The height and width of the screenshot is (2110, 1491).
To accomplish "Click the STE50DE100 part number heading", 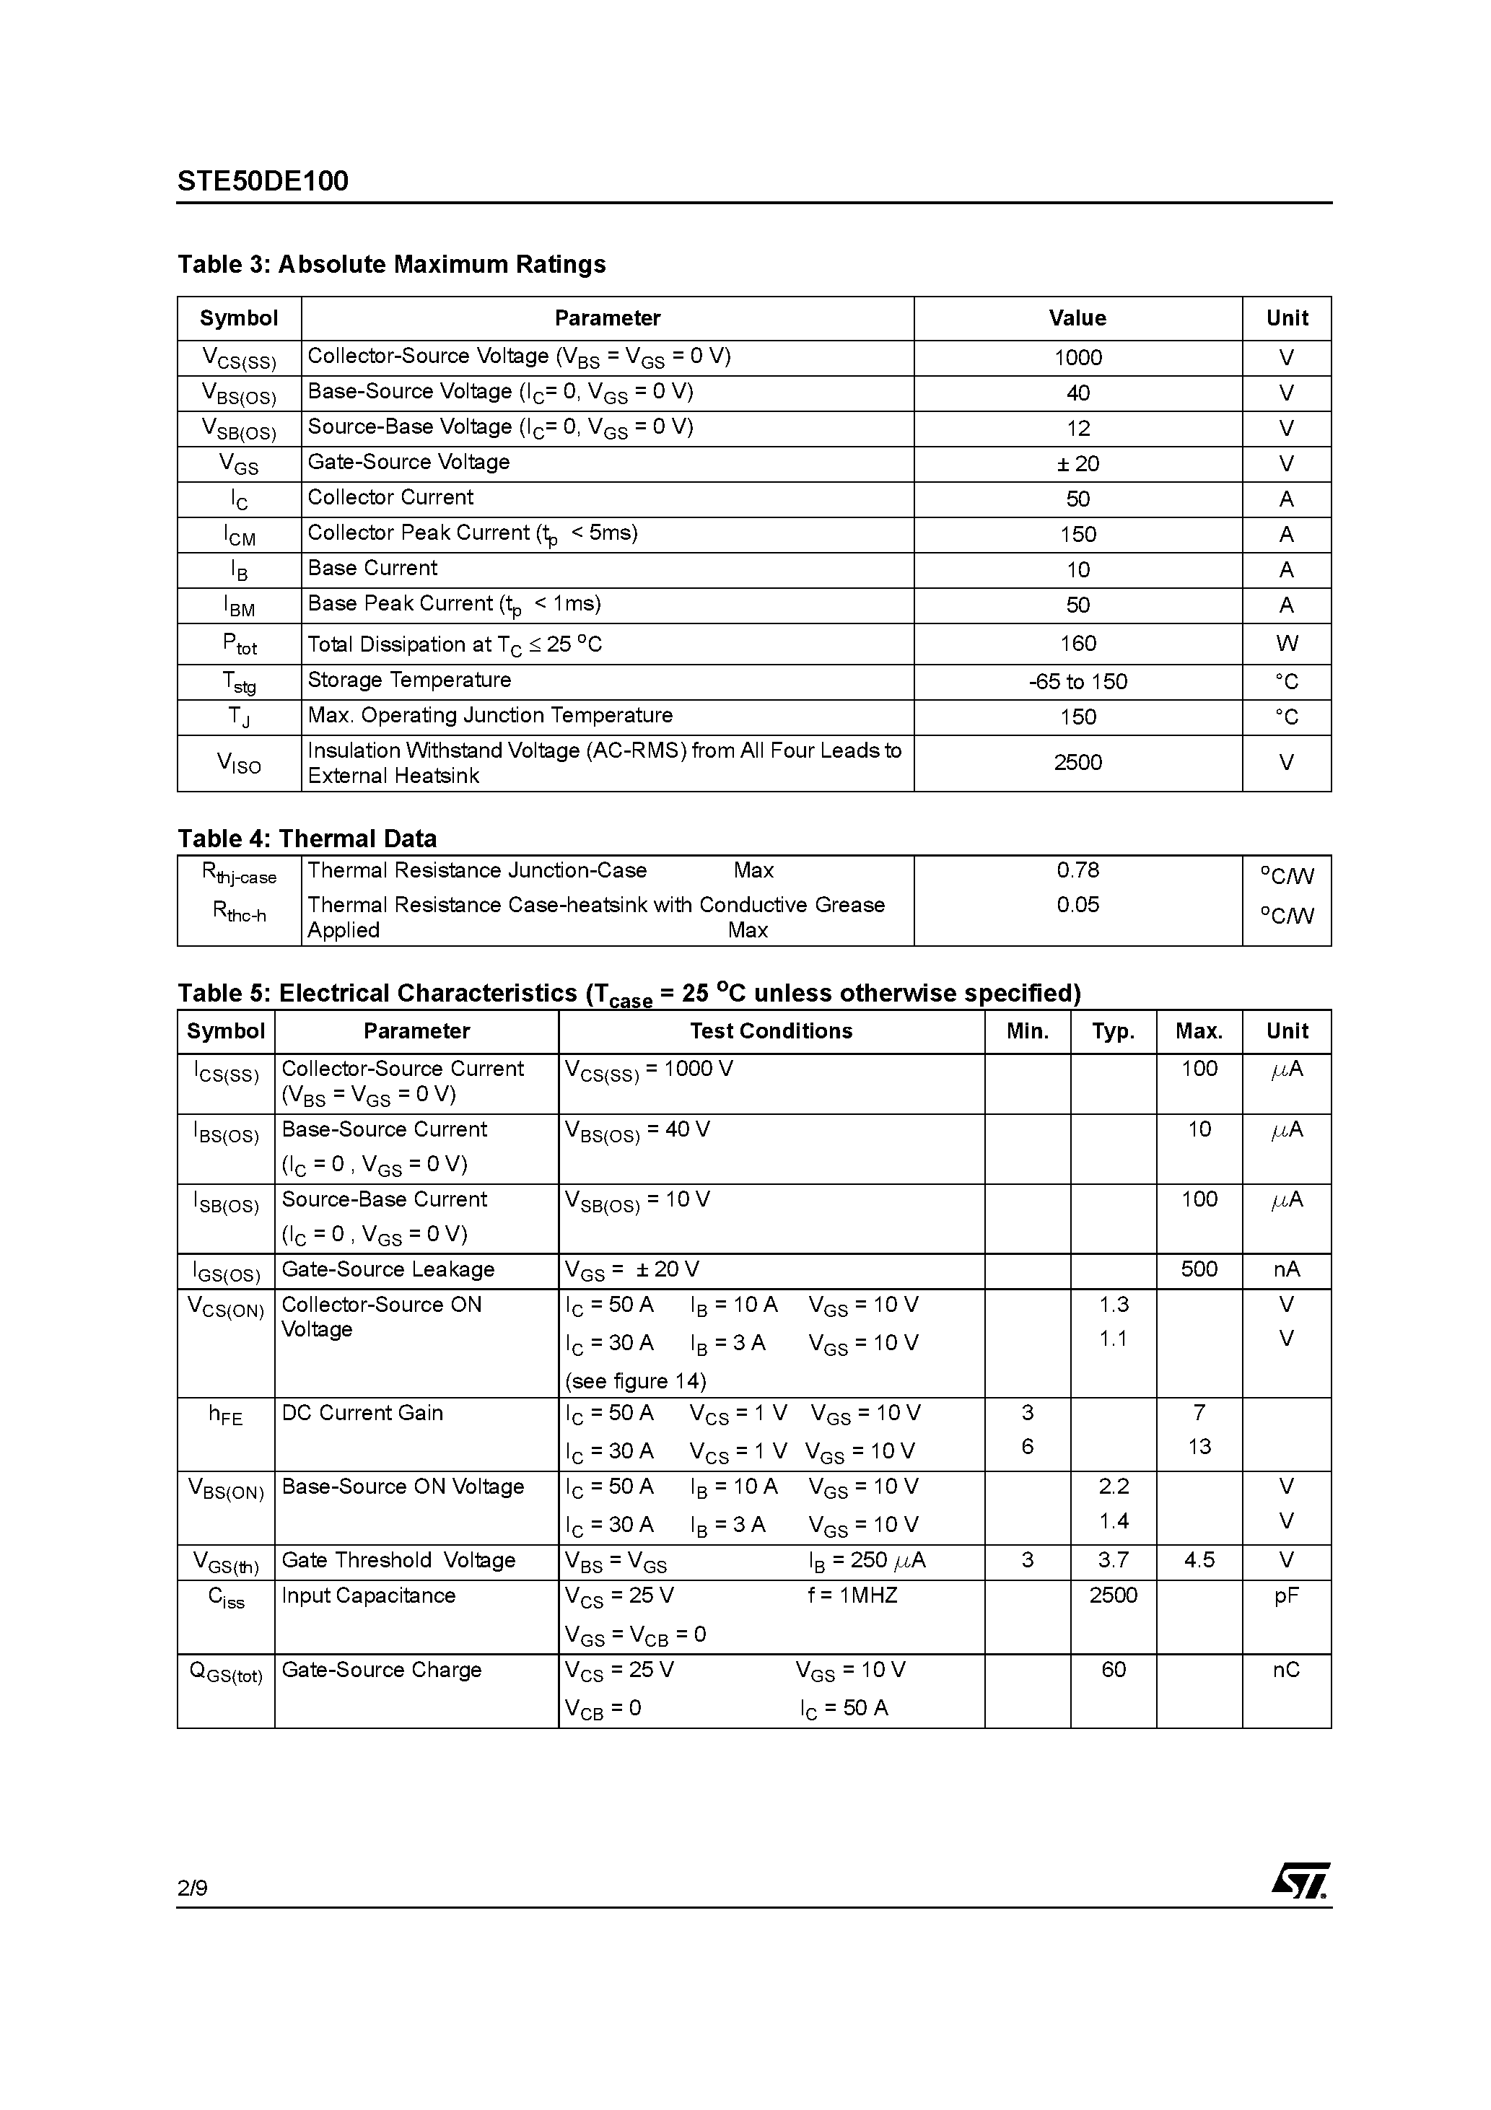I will click(x=263, y=181).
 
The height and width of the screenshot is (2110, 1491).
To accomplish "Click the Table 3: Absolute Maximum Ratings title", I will click(x=392, y=265).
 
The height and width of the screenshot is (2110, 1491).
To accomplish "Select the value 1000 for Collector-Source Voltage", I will click(x=1077, y=357).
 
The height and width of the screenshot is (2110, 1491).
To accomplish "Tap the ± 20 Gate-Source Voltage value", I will click(x=1077, y=464).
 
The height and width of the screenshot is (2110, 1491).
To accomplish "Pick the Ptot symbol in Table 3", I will click(x=239, y=644).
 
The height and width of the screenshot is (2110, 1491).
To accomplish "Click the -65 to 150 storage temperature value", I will click(x=1077, y=682).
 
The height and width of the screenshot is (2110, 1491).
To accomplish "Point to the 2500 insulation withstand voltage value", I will click(x=1077, y=763).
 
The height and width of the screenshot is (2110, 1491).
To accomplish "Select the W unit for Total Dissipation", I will click(x=1286, y=644).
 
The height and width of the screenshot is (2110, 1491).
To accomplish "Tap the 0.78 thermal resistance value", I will click(x=1077, y=870).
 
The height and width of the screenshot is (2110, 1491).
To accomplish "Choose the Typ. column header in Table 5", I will click(x=1112, y=1031).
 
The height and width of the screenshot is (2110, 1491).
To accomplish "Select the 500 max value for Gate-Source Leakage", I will click(x=1199, y=1269).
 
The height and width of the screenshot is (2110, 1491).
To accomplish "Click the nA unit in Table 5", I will click(x=1286, y=1269).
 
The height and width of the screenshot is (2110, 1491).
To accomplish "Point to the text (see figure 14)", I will click(x=635, y=1381).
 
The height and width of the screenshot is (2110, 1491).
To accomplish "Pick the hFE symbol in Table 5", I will click(x=226, y=1414).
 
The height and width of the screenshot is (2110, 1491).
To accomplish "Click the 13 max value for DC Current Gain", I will click(x=1199, y=1448).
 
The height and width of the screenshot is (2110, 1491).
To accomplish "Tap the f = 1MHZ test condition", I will click(x=852, y=1595).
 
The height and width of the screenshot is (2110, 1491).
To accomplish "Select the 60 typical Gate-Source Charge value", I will click(x=1112, y=1669).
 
